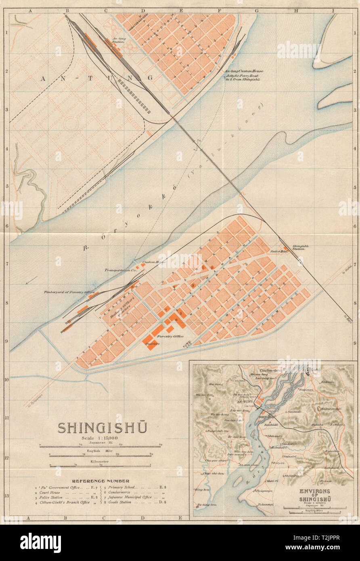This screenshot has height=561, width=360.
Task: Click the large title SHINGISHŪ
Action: (x=102, y=428)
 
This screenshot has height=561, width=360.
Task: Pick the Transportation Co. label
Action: (x=120, y=270)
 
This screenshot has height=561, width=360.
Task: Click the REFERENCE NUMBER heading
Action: (x=100, y=481)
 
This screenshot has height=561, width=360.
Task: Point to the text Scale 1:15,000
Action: (x=101, y=438)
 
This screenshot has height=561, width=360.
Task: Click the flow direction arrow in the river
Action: (x=31, y=280)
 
